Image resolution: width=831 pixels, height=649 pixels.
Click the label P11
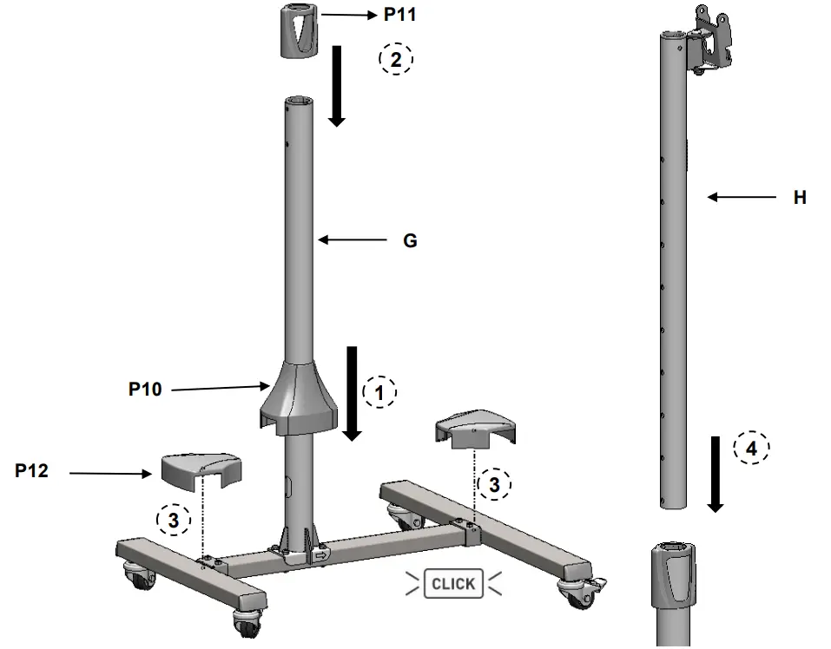pyautogui.click(x=400, y=16)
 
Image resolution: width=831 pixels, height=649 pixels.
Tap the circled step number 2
pyautogui.click(x=396, y=59)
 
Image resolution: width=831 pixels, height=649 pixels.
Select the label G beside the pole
pyautogui.click(x=410, y=241)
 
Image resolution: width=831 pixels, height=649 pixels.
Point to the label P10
pyautogui.click(x=145, y=390)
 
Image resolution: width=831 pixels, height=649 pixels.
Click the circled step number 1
pyautogui.click(x=379, y=393)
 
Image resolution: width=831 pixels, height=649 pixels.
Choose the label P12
pyautogui.click(x=31, y=471)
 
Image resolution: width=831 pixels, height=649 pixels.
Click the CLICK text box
pyautogui.click(x=453, y=584)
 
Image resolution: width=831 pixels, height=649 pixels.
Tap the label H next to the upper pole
pyautogui.click(x=800, y=198)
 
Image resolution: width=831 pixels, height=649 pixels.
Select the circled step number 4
pyautogui.click(x=751, y=449)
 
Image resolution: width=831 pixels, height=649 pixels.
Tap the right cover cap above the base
pyautogui.click(x=476, y=429)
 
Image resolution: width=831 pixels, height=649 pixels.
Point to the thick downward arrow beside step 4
pyautogui.click(x=715, y=473)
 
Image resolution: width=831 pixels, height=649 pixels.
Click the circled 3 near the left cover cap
pyautogui.click(x=173, y=520)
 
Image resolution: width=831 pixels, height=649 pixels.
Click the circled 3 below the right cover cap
pyautogui.click(x=494, y=485)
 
